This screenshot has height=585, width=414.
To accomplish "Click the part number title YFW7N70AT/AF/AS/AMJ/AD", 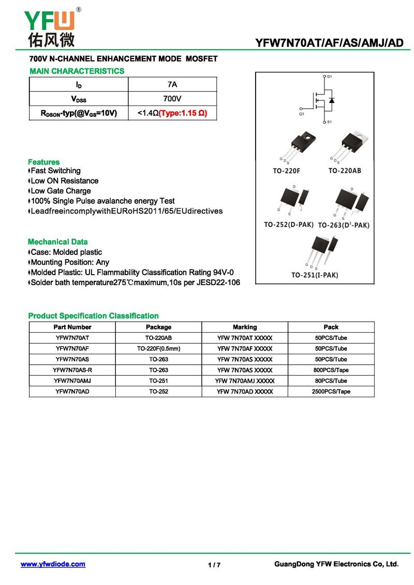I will [x=330, y=43].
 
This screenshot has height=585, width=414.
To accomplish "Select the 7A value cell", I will [x=172, y=84].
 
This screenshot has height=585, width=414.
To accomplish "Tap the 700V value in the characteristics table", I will [x=172, y=98].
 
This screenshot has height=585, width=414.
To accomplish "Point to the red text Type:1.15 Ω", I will [x=183, y=113].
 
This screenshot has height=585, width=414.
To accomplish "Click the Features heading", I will [x=43, y=162].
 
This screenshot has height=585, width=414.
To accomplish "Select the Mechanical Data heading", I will [x=57, y=242].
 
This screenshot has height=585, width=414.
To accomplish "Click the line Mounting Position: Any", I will [x=69, y=262].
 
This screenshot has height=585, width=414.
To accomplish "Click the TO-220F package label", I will [x=287, y=171].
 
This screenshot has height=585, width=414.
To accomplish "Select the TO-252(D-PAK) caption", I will [x=289, y=225].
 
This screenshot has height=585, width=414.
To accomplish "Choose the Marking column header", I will [x=245, y=327].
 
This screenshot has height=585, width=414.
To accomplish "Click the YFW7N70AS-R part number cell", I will [x=72, y=370].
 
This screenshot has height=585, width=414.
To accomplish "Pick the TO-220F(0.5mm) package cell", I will [x=158, y=349].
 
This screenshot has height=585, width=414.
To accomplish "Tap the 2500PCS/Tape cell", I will [x=331, y=392].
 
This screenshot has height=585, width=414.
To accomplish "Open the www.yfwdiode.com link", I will [x=53, y=564].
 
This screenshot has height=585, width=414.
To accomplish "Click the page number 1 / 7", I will [x=214, y=565].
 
